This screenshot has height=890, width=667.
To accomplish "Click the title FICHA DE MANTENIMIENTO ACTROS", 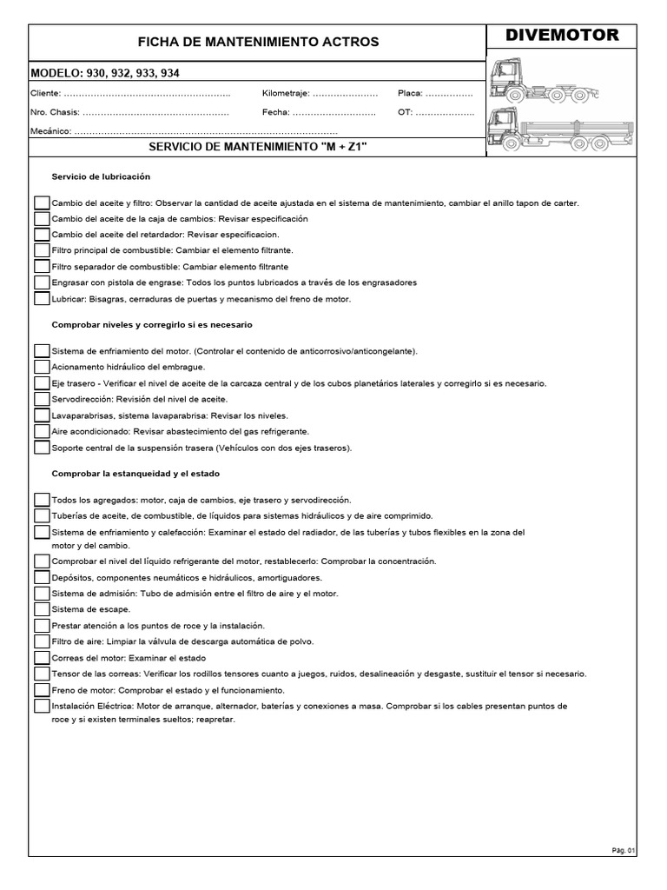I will click(x=259, y=42).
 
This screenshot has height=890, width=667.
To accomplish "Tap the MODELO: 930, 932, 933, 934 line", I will click(x=106, y=73).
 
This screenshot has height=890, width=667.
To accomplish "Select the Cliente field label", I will click(x=45, y=93).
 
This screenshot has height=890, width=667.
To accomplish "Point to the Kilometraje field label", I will click(x=285, y=93).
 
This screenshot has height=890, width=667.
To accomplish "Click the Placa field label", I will click(x=410, y=93).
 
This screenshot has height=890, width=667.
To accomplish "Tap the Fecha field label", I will click(x=275, y=112).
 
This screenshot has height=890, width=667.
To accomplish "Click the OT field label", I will click(x=405, y=112).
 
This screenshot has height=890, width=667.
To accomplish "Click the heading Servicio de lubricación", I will click(x=101, y=176).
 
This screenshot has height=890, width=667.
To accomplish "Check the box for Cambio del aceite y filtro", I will click(x=42, y=203).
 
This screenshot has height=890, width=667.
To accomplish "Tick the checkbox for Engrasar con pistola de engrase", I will click(x=42, y=282).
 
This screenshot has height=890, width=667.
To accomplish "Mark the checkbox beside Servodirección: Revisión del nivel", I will click(x=42, y=399).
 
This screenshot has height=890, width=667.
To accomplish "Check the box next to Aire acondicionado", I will click(x=42, y=431).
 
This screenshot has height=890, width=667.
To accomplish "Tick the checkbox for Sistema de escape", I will click(x=42, y=610).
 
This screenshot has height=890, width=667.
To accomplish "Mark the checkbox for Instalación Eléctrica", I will click(x=42, y=707).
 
